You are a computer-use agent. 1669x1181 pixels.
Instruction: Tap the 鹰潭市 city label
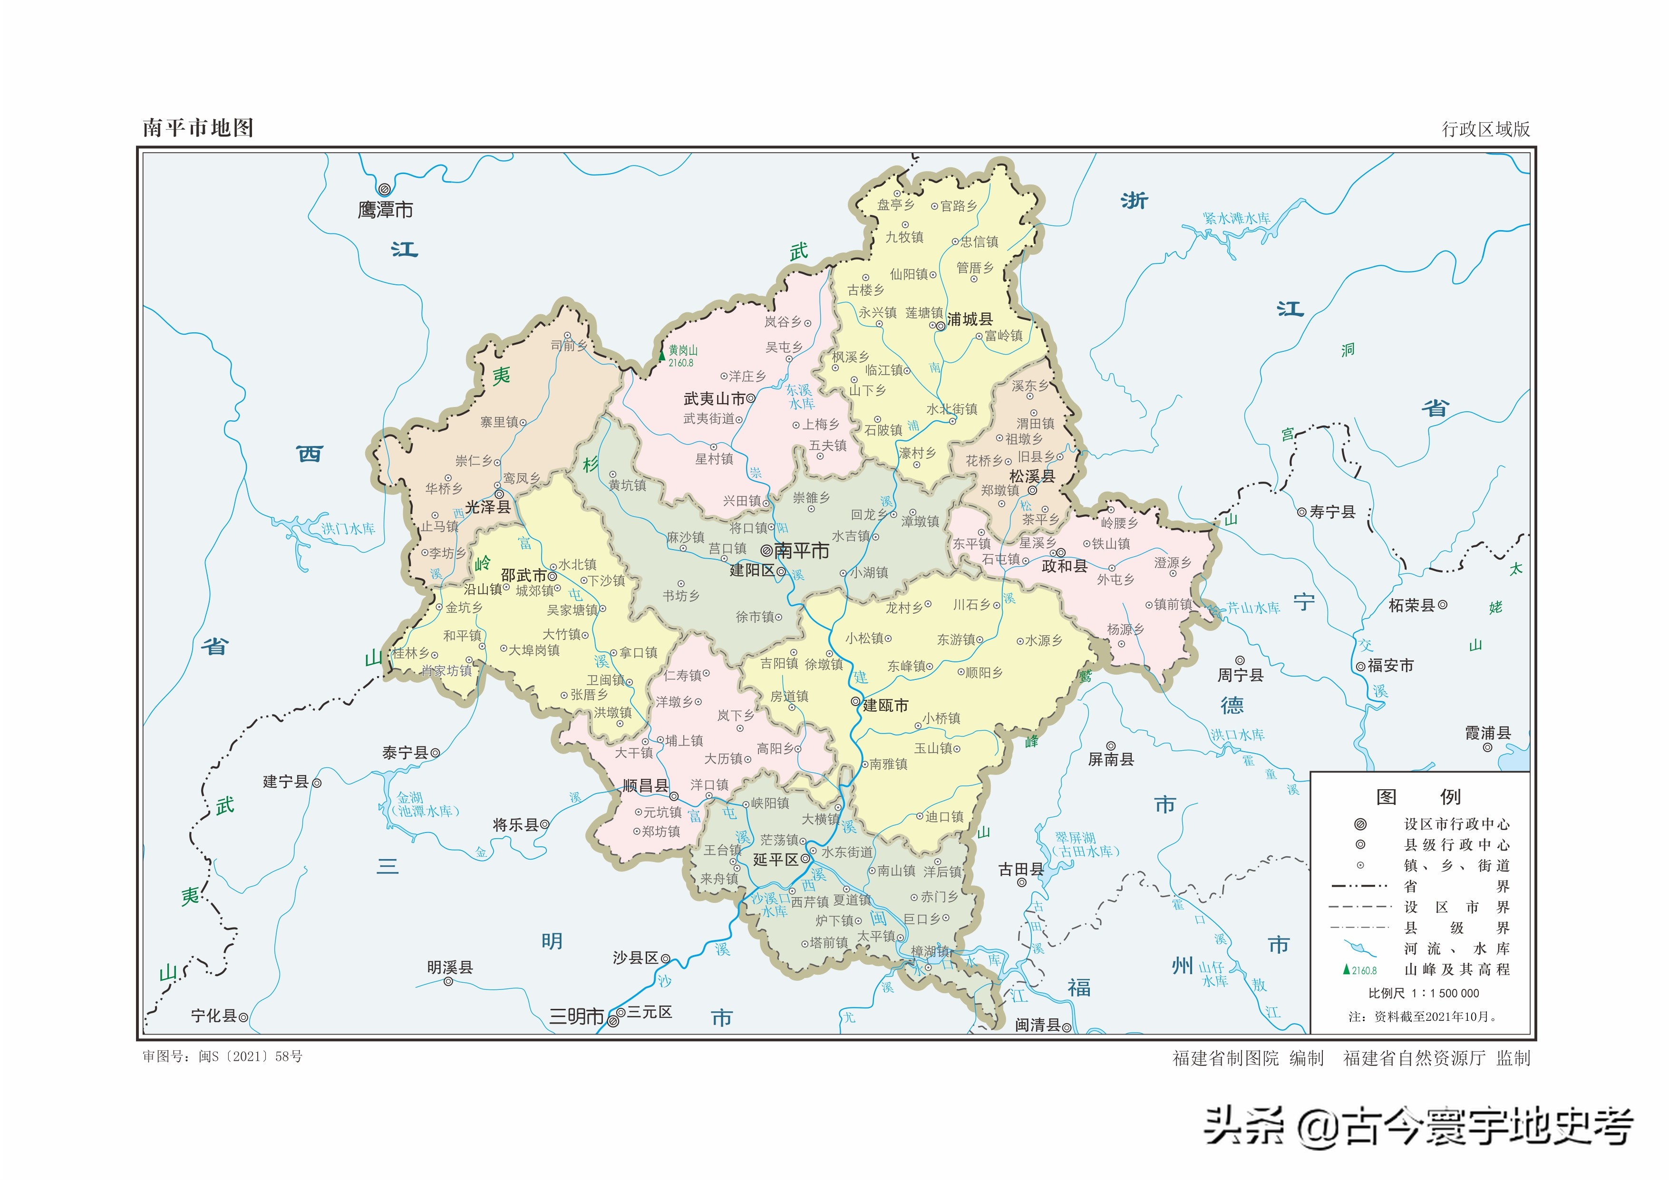point(386,210)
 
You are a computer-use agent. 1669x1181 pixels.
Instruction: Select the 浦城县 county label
point(970,319)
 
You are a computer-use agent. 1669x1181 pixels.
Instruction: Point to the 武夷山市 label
point(714,398)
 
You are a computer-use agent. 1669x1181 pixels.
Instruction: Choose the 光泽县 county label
point(487,507)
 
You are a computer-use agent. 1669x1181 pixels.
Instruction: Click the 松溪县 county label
point(1032,476)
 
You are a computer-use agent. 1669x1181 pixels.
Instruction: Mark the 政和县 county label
point(1064,566)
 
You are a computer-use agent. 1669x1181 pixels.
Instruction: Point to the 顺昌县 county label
point(645,785)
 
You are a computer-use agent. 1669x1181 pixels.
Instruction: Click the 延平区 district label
point(775,860)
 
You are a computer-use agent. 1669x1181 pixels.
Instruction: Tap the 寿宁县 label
point(1332,512)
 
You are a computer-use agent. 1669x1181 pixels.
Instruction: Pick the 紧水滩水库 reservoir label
point(1236,218)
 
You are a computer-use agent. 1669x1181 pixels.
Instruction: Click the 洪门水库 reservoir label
point(349,529)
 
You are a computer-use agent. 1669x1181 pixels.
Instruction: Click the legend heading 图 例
point(1417,797)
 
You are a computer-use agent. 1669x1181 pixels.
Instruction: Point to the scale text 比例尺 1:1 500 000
point(1423,993)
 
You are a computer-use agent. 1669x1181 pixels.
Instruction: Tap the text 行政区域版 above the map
point(1486,129)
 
